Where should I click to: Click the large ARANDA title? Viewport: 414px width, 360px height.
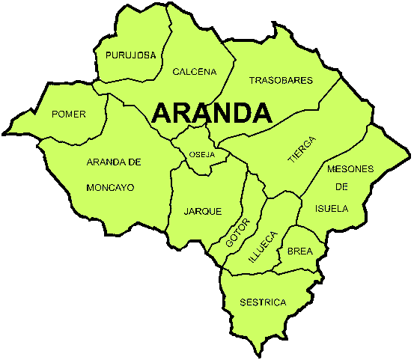[211, 113]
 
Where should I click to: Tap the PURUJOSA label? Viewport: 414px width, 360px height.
[131, 55]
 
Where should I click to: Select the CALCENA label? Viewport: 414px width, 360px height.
[194, 72]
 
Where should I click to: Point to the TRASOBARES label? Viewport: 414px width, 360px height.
[281, 80]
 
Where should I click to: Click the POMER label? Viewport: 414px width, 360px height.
[68, 115]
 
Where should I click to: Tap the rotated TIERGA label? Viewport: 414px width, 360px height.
[302, 150]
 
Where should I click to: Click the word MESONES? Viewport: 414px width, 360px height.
[350, 169]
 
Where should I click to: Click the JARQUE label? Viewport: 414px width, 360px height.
[203, 211]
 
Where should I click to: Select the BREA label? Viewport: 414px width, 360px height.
[299, 251]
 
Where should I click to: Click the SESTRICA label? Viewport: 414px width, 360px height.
[263, 302]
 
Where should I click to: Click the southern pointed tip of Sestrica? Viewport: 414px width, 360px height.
[260, 353]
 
